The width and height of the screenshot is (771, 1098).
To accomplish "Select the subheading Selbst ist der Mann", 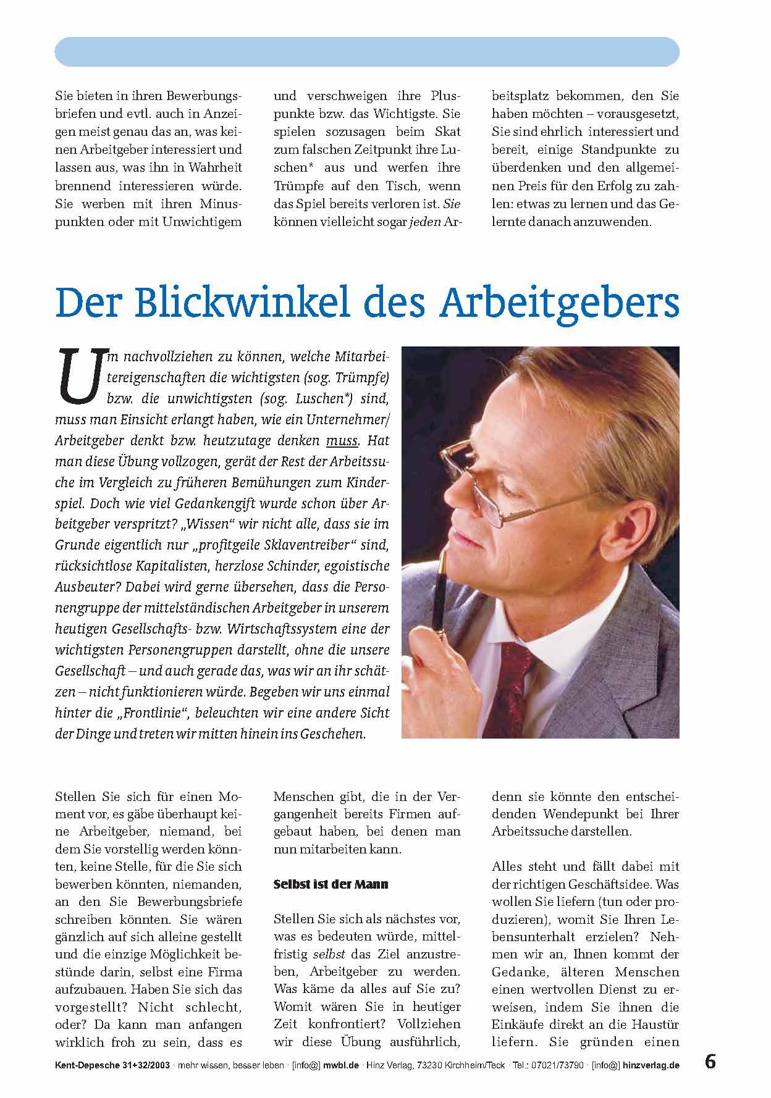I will (331, 884).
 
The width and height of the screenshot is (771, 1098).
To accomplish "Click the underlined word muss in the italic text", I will (342, 441).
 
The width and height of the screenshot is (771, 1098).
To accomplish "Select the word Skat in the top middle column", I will (447, 132).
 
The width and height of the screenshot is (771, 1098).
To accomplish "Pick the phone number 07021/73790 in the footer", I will (558, 1065).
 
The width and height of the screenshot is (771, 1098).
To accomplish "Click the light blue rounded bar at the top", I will (367, 52).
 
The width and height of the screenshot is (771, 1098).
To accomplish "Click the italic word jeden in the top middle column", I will (425, 221).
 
